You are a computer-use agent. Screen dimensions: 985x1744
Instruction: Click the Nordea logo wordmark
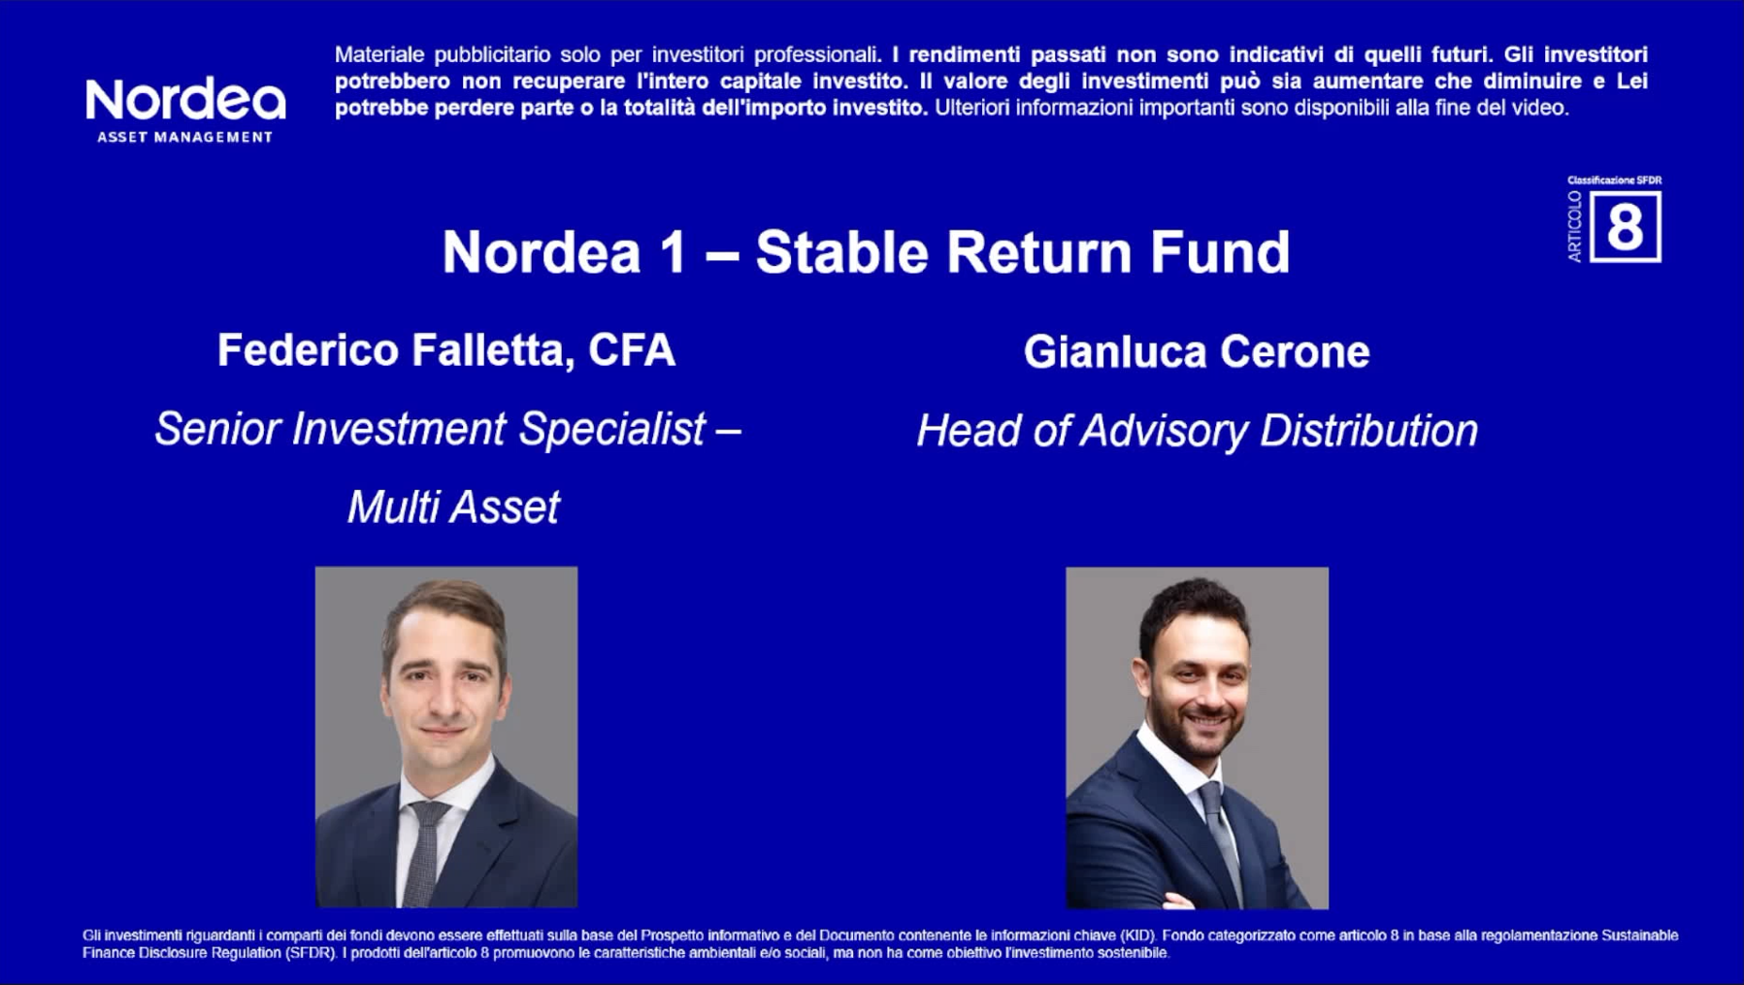point(185,101)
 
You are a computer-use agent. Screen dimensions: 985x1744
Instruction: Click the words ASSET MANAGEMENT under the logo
point(184,137)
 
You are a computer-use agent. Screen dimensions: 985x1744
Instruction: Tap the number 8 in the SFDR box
point(1625,228)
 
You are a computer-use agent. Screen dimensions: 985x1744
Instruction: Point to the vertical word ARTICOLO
point(1574,226)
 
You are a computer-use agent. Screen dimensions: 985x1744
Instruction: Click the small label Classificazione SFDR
point(1614,181)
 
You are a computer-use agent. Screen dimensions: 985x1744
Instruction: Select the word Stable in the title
point(840,252)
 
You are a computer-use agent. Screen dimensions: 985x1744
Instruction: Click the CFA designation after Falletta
point(631,350)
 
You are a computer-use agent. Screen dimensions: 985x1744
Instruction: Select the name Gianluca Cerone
point(1196,352)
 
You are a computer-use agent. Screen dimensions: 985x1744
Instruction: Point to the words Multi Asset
point(453,507)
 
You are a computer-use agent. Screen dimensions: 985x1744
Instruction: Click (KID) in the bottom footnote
point(1137,936)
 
